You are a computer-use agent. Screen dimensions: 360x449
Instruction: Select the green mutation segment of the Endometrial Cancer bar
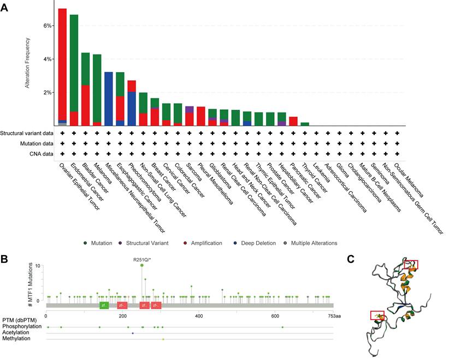[74, 60]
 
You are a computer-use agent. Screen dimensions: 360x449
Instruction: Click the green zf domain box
[104, 305]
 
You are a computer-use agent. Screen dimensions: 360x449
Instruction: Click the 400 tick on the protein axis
[198, 316]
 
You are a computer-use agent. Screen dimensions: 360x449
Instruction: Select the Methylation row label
[17, 339]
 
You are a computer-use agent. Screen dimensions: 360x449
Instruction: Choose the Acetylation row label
[16, 333]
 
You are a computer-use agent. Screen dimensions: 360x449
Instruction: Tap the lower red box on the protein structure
[377, 315]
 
